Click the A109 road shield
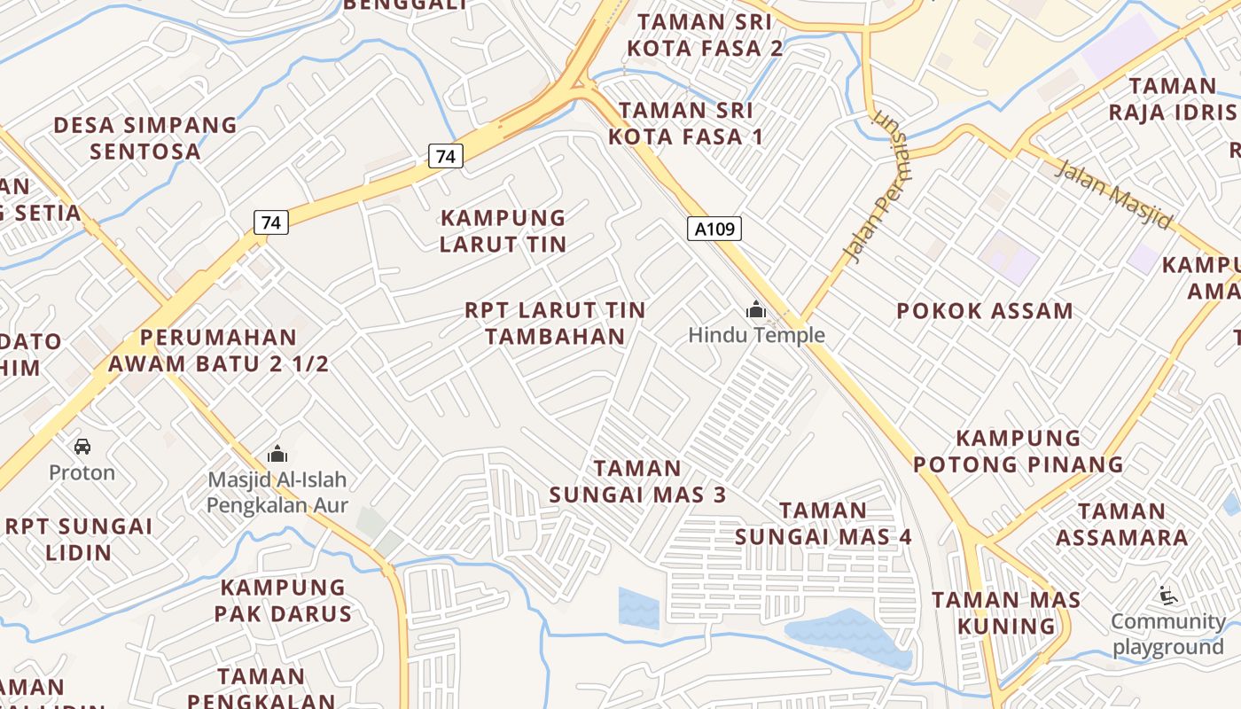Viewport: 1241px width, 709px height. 714,230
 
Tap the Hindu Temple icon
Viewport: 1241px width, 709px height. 756,310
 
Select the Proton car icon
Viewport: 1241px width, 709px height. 82,447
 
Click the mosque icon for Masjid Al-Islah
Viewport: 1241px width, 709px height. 277,455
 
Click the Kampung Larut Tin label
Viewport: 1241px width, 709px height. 503,230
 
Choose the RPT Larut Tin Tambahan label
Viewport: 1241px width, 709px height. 556,323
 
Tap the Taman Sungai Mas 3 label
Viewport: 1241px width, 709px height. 637,481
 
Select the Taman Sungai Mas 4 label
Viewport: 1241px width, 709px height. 823,523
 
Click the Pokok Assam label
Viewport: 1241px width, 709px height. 985,311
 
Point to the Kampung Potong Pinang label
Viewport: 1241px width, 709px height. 1019,451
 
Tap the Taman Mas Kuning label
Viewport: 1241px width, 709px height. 1006,612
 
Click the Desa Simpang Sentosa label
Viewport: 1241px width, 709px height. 145,137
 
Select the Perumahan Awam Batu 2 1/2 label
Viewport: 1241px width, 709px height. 218,350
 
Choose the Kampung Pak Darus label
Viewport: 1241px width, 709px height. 283,600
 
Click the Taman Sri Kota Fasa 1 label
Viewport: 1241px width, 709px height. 686,123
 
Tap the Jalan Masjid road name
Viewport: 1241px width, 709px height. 1112,194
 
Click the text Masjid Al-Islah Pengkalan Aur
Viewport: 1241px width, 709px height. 277,493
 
